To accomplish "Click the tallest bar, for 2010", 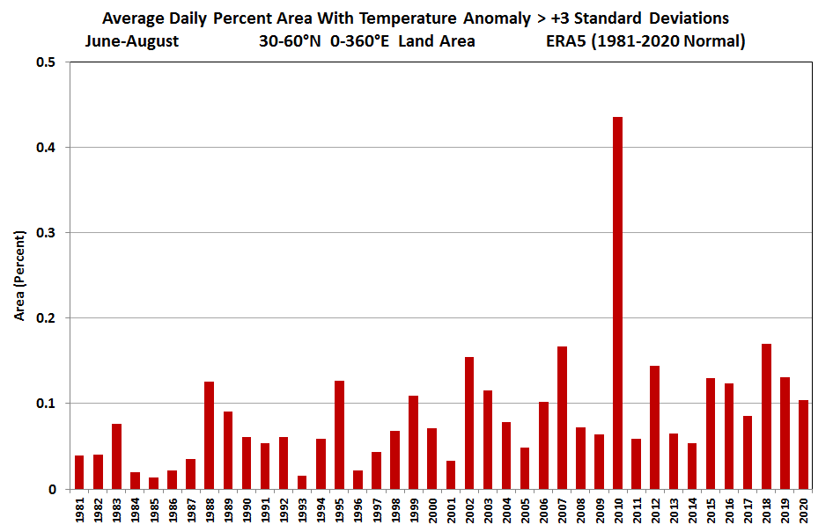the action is (617, 302).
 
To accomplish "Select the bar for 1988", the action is (210, 435).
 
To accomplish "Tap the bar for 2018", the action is (766, 417).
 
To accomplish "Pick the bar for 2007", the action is (562, 418).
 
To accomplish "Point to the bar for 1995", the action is (339, 435).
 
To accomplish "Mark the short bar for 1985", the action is (153, 484).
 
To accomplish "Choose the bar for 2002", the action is (469, 423).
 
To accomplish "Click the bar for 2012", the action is (654, 427).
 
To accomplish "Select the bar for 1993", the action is (302, 482).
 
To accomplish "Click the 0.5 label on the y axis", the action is (46, 62).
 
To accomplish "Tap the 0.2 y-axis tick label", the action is (46, 318).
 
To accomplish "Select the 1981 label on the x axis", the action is (79, 510).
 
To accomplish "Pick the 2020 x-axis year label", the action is (803, 510).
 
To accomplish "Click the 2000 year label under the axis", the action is (432, 510).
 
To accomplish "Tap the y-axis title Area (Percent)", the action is (19, 276).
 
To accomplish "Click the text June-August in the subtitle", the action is (132, 41).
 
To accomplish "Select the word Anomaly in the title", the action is (497, 18).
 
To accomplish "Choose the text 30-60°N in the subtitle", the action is (290, 40).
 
